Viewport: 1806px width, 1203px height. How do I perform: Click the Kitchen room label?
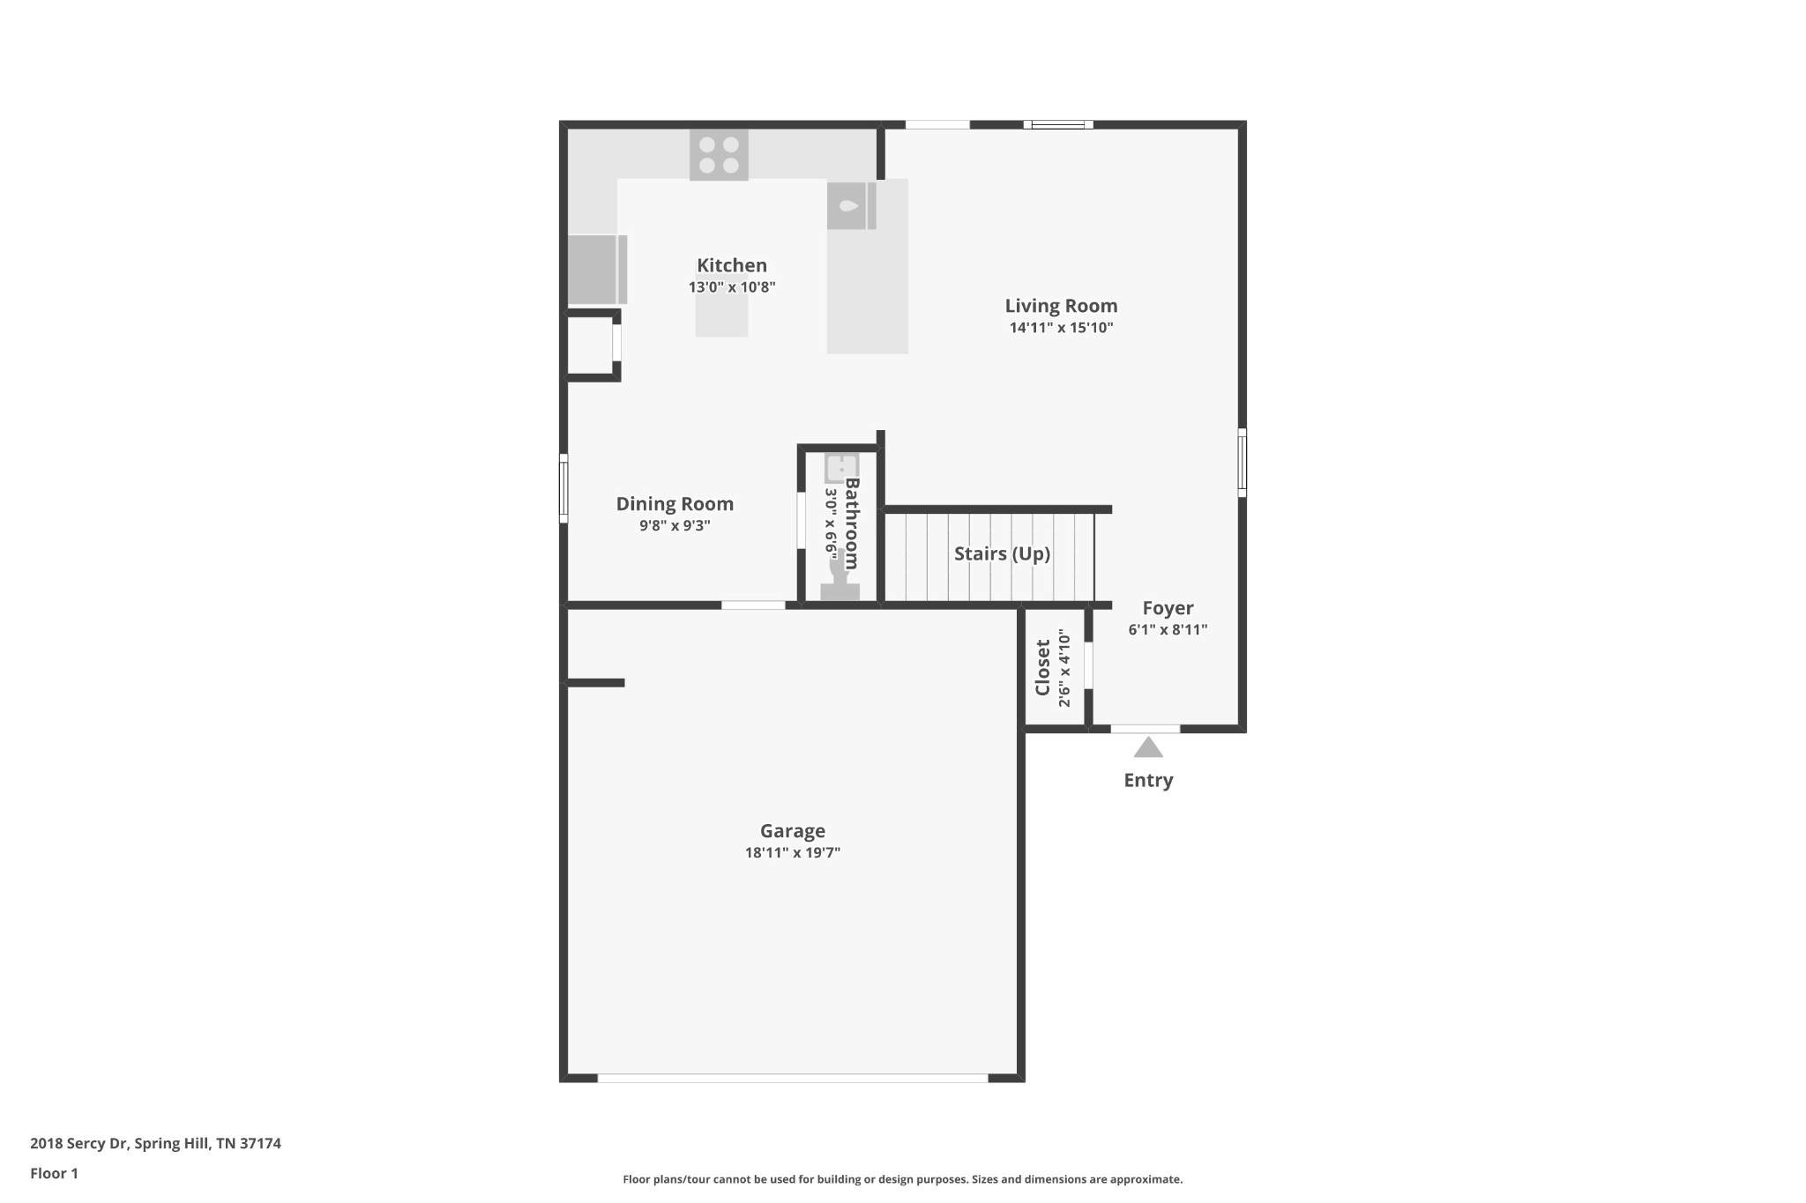(x=732, y=265)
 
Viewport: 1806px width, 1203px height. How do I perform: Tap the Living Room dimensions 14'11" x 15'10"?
(x=1061, y=328)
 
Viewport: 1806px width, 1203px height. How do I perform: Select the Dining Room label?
(x=675, y=504)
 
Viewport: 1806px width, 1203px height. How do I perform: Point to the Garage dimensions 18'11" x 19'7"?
(x=793, y=852)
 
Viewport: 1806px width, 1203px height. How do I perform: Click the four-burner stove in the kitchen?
(x=719, y=155)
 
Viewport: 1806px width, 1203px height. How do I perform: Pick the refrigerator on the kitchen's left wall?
(x=597, y=270)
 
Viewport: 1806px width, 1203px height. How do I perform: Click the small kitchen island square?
(x=721, y=316)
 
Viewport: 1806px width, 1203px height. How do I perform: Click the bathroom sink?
(x=841, y=468)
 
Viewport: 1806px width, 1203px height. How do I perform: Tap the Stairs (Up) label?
(x=1002, y=553)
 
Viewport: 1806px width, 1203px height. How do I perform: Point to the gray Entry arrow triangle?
(x=1148, y=747)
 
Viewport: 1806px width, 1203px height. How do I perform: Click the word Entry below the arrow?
(x=1148, y=781)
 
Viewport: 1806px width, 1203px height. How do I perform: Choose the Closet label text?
(x=1042, y=667)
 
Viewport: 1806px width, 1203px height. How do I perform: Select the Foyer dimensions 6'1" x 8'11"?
(x=1168, y=629)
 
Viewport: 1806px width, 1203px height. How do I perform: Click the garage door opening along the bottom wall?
(x=793, y=1078)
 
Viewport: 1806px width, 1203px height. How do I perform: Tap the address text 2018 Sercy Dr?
(x=79, y=1144)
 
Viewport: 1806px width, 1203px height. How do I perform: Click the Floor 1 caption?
(x=54, y=1173)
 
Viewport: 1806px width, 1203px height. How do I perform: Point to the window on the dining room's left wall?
(x=563, y=488)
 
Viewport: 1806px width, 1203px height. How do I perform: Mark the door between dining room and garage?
(x=753, y=605)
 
